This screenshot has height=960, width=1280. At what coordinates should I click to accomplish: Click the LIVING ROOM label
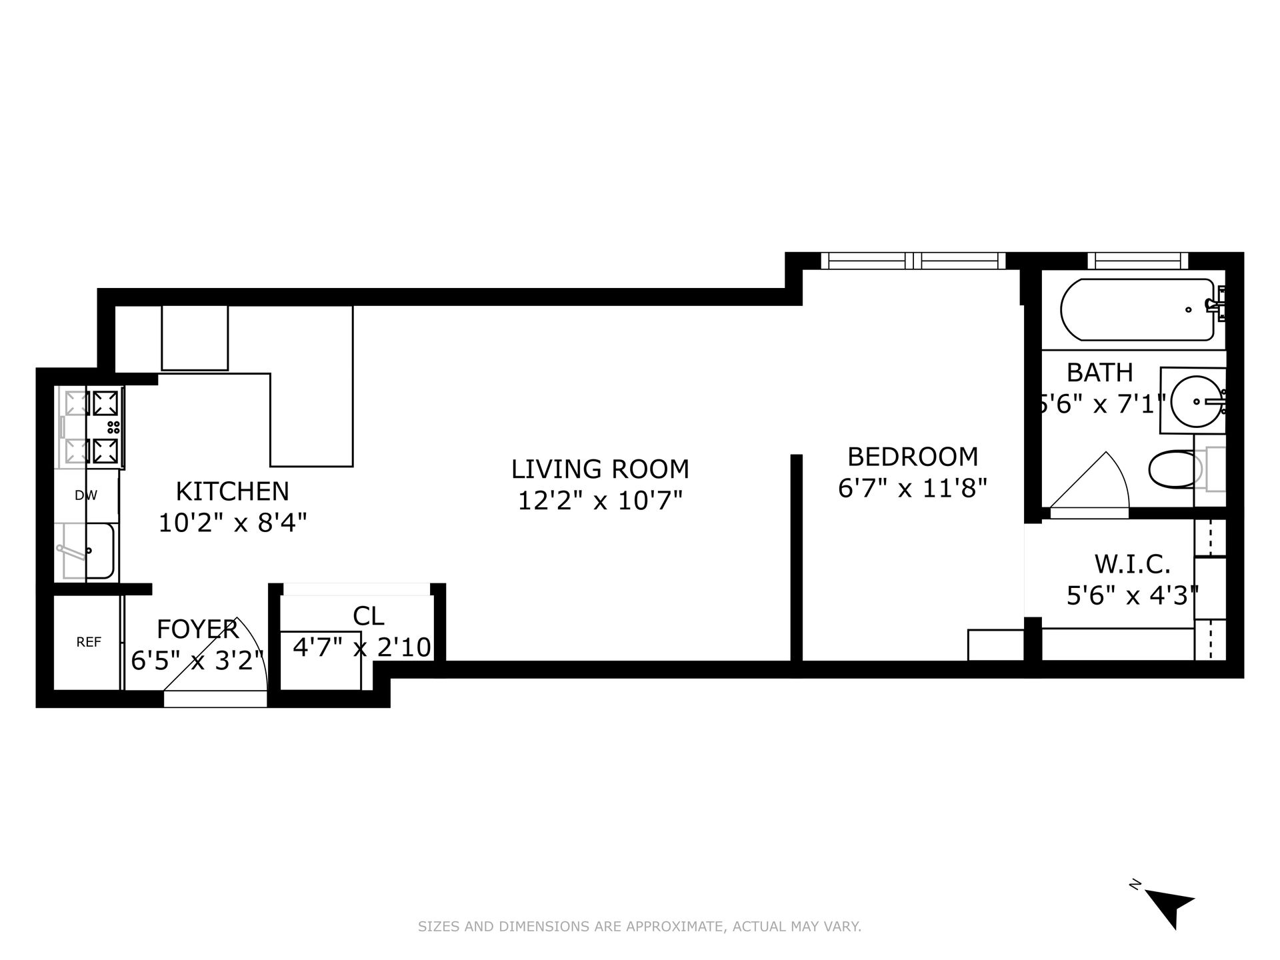600,469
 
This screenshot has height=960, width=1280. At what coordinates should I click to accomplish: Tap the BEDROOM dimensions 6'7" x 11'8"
912,489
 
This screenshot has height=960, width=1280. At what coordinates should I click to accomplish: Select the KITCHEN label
233,491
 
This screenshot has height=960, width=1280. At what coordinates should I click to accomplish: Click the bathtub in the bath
1137,309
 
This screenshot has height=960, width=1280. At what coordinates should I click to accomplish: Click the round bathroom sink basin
1197,401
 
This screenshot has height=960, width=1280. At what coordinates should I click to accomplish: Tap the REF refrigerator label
89,642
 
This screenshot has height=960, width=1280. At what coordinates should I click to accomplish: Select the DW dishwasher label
86,495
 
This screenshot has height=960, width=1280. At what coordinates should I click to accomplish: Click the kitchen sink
88,551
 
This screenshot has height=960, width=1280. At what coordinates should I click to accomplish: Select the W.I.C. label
1133,564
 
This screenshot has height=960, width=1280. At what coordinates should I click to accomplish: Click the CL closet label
368,616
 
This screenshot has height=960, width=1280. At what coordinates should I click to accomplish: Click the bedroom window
913,261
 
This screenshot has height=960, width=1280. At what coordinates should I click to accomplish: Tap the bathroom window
1137,261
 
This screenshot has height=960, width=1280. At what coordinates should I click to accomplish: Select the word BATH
1100,372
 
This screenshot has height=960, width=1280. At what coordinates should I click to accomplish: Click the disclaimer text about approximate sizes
640,926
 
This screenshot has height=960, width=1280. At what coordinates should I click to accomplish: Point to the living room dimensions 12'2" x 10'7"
601,500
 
